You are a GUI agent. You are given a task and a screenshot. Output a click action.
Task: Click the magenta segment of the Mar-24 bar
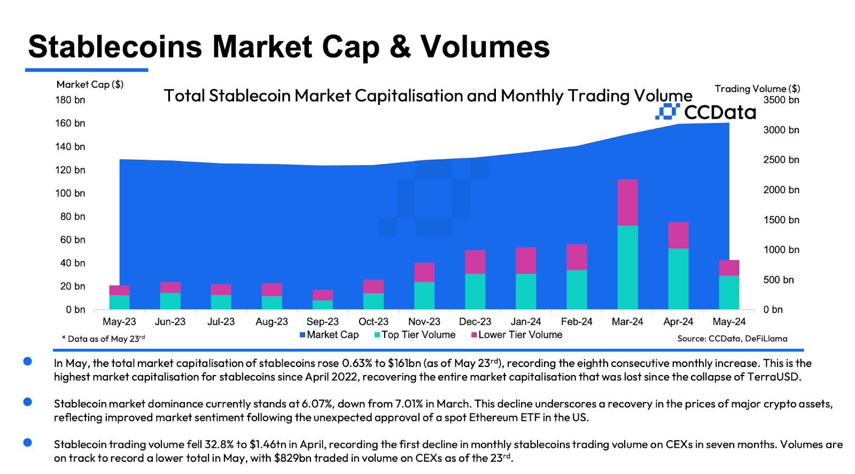point(627,202)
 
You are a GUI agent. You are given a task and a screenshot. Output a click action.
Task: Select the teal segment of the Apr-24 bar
point(678,279)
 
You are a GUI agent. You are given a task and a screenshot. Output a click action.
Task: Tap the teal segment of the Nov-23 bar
point(424,295)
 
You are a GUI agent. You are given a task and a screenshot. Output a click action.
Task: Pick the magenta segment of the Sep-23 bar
point(322,295)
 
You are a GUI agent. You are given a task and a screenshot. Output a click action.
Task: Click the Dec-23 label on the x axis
point(475,322)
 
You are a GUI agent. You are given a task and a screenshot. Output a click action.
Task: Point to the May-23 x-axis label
point(119,322)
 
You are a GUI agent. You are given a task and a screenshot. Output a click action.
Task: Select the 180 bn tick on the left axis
point(70,100)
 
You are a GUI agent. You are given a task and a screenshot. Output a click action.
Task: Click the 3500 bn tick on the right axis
point(781,100)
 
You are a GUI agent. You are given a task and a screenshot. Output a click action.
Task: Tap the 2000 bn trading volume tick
point(781,190)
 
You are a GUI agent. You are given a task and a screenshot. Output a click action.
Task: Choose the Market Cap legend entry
point(329,335)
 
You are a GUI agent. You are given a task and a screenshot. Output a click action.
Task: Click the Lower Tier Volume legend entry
point(517,335)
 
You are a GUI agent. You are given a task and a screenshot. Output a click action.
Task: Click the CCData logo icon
point(667,111)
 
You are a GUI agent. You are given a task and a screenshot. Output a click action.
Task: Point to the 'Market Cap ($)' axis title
point(90,85)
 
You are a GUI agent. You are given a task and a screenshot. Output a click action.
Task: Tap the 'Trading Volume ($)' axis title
point(757,89)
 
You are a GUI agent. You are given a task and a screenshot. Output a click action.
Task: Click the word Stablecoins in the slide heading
point(115,47)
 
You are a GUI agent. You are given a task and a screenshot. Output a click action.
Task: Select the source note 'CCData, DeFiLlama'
point(748,339)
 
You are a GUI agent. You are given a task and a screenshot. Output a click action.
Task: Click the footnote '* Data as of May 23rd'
point(104,339)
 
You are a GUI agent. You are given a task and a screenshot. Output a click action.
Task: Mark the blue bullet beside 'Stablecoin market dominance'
point(28,402)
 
